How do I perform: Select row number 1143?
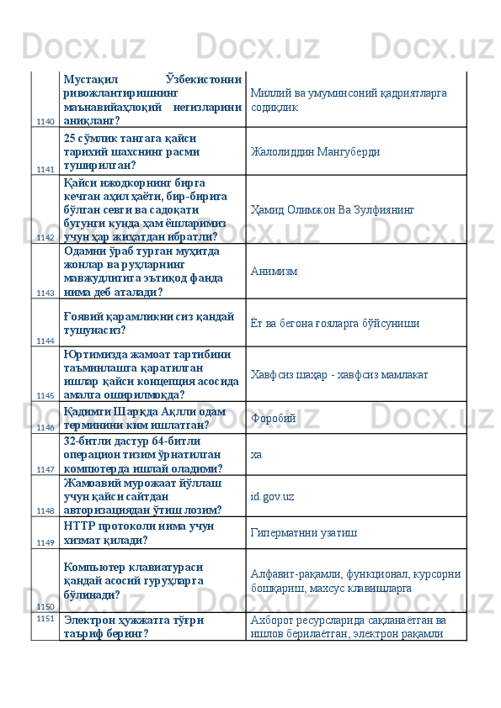point(45,293)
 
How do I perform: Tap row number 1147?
point(45,468)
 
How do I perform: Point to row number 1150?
point(45,605)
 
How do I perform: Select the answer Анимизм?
point(274,272)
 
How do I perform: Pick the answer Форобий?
point(274,417)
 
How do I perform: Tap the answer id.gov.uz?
point(272,496)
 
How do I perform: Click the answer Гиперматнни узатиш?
point(302,532)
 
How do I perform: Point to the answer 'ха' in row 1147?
point(256,454)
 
